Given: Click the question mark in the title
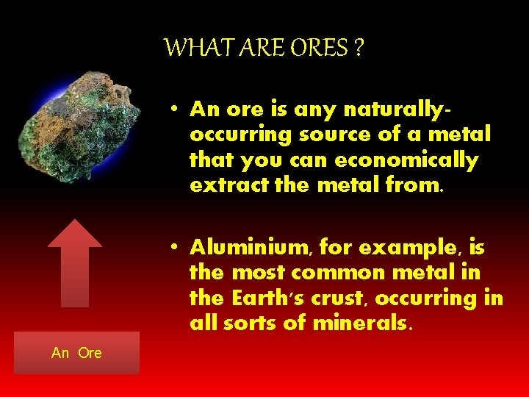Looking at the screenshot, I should pyautogui.click(x=359, y=49).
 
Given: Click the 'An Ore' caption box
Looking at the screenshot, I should pyautogui.click(x=76, y=353).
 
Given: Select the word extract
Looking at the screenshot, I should pyautogui.click(x=222, y=185).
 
